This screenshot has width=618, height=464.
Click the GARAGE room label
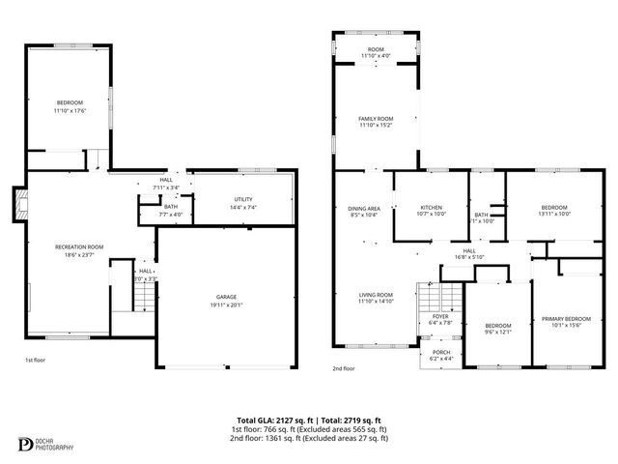pyautogui.click(x=226, y=297)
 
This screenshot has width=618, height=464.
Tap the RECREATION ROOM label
pyautogui.click(x=79, y=246)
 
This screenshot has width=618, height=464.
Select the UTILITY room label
pyautogui.click(x=242, y=199)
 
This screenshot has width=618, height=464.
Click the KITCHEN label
pyautogui.click(x=431, y=208)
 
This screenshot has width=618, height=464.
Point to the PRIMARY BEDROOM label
pyautogui.click(x=566, y=318)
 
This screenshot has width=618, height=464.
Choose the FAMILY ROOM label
pyautogui.click(x=376, y=118)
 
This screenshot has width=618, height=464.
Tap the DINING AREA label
pyautogui.click(x=364, y=208)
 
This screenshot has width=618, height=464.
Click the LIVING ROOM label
pyautogui.click(x=376, y=295)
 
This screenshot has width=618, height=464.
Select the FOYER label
pyautogui.click(x=440, y=316)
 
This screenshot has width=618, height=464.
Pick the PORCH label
pyautogui.click(x=441, y=353)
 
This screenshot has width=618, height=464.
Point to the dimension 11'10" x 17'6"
pyautogui.click(x=70, y=110)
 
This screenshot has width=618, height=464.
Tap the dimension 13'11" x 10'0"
pyautogui.click(x=554, y=214)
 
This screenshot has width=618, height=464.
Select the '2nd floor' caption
pyautogui.click(x=344, y=368)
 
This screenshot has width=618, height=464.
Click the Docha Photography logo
pyautogui.click(x=26, y=444)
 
